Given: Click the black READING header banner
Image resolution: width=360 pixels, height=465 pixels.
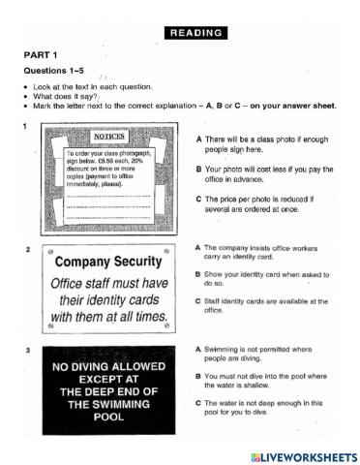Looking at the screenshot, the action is (196, 32).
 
